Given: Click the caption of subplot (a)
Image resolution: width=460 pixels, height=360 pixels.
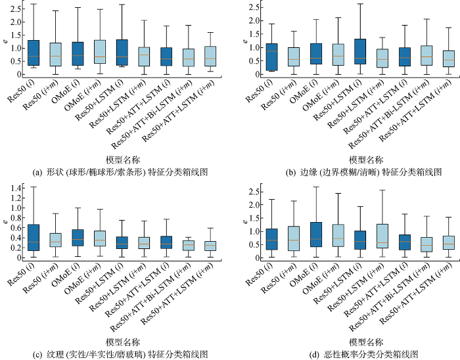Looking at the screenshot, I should tap(121, 172).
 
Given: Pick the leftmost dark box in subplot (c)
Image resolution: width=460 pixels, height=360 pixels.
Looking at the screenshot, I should tap(33, 237).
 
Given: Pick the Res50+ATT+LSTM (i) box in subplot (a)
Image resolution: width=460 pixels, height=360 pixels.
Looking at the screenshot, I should tap(166, 56).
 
